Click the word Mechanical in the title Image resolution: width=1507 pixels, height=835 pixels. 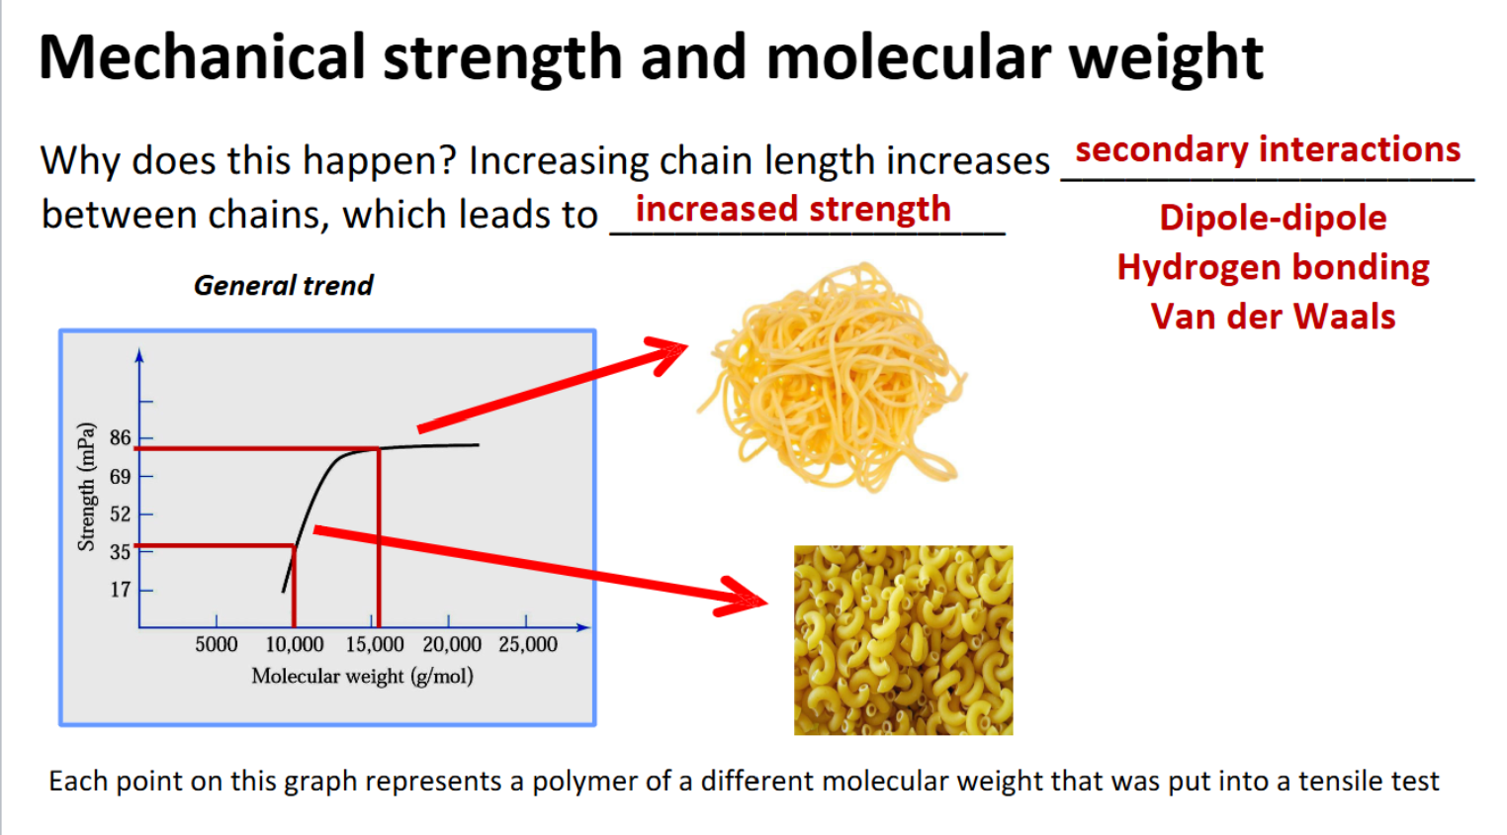pos(202,57)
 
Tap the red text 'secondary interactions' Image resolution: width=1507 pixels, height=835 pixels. pos(1268,148)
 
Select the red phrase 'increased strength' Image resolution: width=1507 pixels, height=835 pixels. pos(793,209)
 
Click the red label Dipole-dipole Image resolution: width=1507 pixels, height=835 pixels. pos(1273,218)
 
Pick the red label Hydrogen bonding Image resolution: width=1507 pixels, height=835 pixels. pos(1273,268)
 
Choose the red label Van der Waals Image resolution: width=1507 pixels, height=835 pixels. pos(1273,317)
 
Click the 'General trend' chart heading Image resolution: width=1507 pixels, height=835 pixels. pos(283,286)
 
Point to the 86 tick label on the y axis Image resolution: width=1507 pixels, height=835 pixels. pos(121,438)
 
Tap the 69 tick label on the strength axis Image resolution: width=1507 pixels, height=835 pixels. pos(121,477)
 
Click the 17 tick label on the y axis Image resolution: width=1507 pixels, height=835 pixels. pos(121,590)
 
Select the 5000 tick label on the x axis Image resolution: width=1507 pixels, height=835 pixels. pos(216,645)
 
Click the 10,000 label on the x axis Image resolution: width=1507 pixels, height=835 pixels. pos(295,645)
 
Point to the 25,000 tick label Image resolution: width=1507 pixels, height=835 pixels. pos(528,645)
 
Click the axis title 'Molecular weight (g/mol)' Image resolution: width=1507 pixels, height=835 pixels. pos(363,676)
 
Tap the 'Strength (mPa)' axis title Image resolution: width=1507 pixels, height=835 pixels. pos(86,487)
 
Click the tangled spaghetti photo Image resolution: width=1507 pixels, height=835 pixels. pos(833,377)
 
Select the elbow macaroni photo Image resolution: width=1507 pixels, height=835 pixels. pos(904,640)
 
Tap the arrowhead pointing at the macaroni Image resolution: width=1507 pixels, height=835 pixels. pos(744,598)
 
